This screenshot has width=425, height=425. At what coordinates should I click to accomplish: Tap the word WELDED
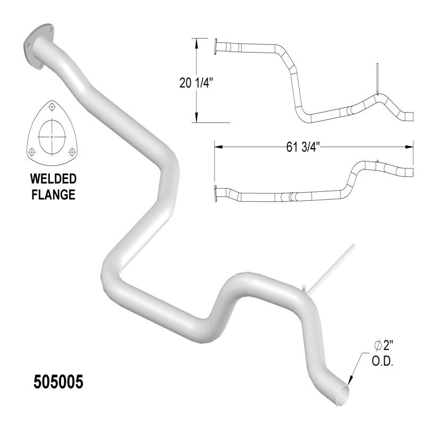coord(52,178)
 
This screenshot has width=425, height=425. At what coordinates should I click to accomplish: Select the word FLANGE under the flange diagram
coord(53,194)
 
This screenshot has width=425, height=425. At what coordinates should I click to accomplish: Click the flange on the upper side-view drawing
coord(216,47)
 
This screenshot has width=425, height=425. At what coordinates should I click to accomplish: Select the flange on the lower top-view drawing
coord(215,192)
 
